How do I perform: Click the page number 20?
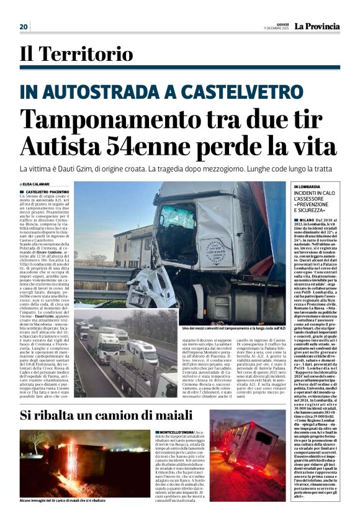24,27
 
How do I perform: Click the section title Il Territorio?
76,55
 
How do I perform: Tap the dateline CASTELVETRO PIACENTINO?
47,193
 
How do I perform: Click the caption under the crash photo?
233,328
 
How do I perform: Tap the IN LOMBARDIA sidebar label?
307,186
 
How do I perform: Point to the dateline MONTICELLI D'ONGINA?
176,432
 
